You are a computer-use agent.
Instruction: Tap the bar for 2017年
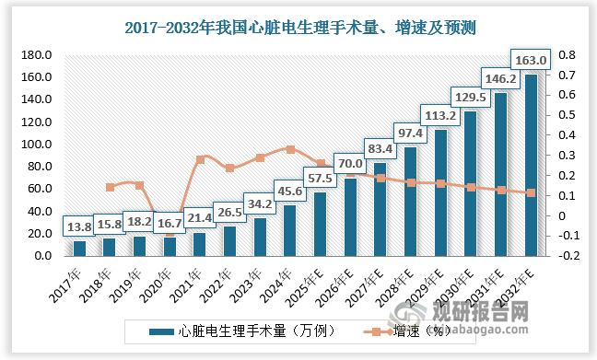point(80,248)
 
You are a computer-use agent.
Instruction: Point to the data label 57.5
point(322,176)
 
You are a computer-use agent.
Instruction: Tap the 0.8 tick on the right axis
point(566,55)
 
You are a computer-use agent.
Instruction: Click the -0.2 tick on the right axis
point(566,256)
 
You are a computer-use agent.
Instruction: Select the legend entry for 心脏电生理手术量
point(235,329)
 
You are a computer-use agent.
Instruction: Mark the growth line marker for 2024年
point(290,149)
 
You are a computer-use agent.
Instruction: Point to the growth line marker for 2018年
point(110,187)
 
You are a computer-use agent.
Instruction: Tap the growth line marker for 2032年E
point(531,193)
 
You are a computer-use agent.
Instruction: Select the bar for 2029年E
point(440,192)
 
